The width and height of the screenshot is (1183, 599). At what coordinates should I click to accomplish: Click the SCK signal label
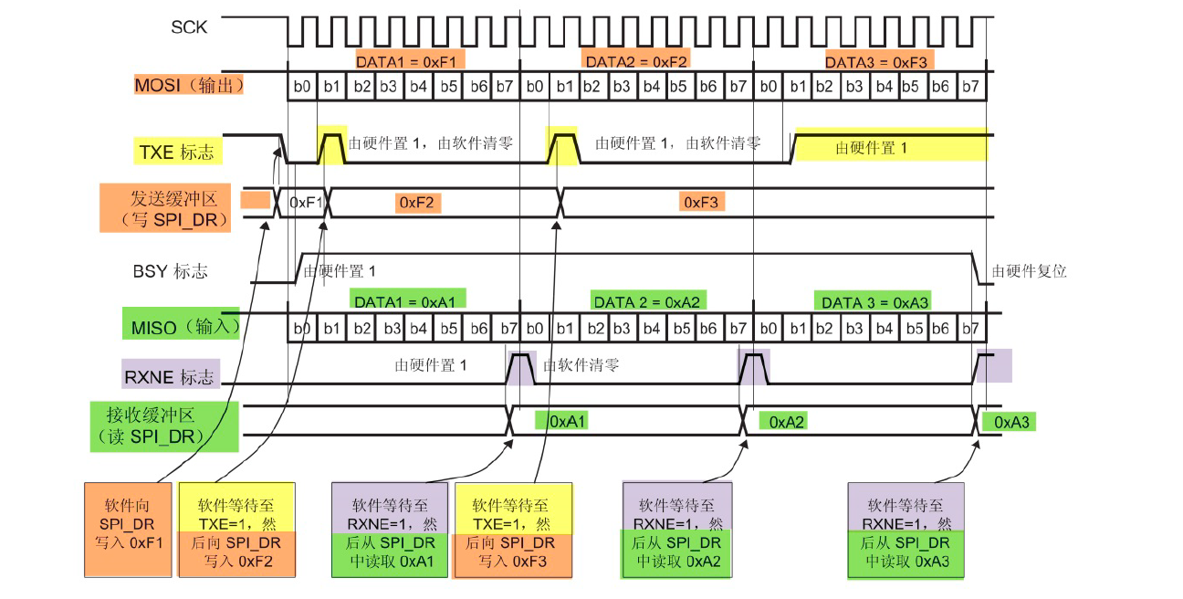pyautogui.click(x=189, y=27)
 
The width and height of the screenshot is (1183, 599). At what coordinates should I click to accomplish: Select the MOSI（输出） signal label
pyautogui.click(x=190, y=86)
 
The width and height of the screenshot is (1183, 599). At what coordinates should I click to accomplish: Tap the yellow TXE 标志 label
pyautogui.click(x=176, y=152)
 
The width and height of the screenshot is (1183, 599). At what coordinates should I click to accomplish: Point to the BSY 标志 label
pyautogui.click(x=170, y=271)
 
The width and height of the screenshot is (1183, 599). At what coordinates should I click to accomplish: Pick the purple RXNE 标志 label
pyautogui.click(x=171, y=374)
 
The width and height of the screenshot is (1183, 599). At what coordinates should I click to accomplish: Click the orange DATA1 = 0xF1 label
pyautogui.click(x=411, y=61)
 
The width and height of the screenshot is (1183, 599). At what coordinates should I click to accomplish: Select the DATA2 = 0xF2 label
pyautogui.click(x=636, y=61)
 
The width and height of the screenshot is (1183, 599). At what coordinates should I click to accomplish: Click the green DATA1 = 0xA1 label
pyautogui.click(x=408, y=299)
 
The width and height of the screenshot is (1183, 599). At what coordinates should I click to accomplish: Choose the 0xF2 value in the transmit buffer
pyautogui.click(x=419, y=203)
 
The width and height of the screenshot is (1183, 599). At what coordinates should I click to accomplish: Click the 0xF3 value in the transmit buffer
pyautogui.click(x=702, y=202)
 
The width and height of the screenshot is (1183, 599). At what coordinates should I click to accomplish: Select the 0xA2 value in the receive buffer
pyautogui.click(x=786, y=422)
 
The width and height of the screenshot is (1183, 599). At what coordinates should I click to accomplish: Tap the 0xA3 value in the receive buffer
pyautogui.click(x=1010, y=422)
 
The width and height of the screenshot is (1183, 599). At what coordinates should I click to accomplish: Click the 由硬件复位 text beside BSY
pyautogui.click(x=1029, y=271)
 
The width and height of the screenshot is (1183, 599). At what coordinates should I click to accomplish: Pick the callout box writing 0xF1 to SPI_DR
pyautogui.click(x=129, y=530)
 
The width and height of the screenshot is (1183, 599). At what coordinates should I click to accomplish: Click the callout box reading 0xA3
pyautogui.click(x=908, y=531)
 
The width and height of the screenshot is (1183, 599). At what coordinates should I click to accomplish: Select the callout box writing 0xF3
pyautogui.click(x=512, y=531)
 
